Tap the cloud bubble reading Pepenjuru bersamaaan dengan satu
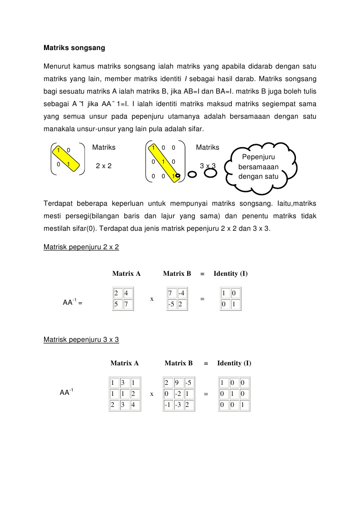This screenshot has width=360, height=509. pos(258,167)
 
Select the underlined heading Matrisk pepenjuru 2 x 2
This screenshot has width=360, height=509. pos(81,247)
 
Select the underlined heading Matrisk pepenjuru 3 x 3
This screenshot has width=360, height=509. pos(81,339)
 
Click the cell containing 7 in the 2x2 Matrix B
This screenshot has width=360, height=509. pos(171,293)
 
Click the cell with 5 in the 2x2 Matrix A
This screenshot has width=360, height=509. pos(117,304)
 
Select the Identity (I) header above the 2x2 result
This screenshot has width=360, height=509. pos(230,274)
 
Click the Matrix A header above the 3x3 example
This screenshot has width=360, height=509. pos(124,363)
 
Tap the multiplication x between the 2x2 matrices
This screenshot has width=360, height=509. pos(151,299)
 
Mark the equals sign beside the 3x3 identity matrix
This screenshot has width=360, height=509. pos(206,394)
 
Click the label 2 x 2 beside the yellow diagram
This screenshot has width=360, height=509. pos(104,166)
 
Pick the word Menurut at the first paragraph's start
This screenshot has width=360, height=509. pos(59,67)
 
